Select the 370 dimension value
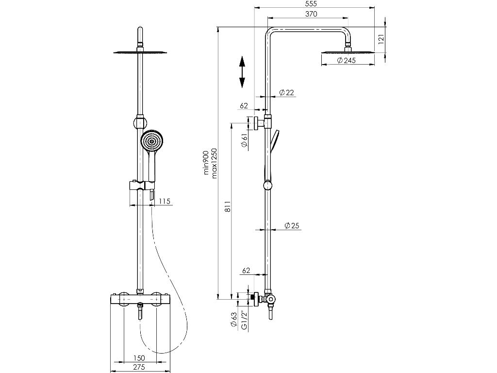311,14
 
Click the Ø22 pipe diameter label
287,93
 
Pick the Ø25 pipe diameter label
291,225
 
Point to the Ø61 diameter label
245,141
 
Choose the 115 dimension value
165,202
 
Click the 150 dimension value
139,358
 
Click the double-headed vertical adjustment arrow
242,72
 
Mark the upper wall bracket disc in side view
254,124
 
